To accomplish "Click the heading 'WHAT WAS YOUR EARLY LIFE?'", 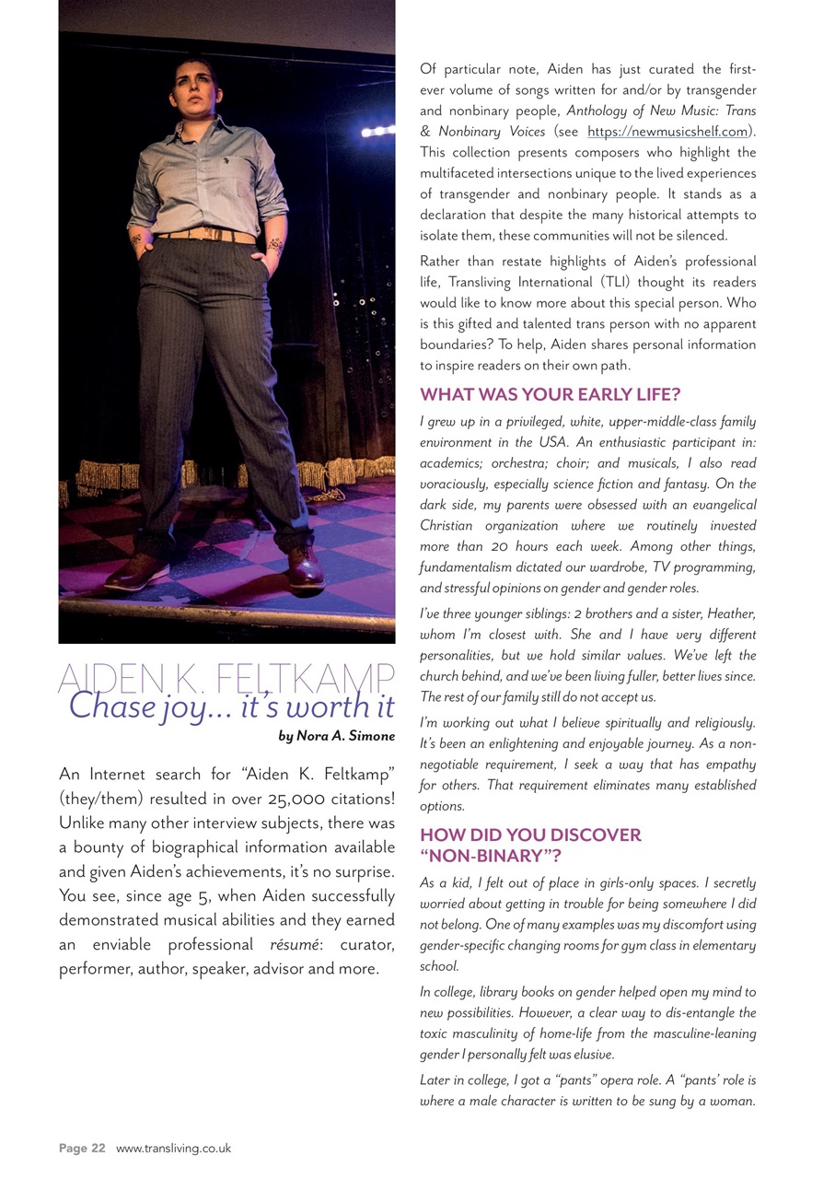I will [x=550, y=395].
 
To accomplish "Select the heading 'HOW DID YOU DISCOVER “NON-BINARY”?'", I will [x=530, y=846].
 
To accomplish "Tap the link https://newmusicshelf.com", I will [x=667, y=132].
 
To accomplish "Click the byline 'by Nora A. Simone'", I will [x=336, y=736].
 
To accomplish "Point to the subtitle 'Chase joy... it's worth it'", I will [x=231, y=706].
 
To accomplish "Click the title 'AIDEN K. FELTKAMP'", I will [x=226, y=679].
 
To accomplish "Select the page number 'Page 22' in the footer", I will [x=82, y=1149].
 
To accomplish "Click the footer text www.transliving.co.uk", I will [x=173, y=1149].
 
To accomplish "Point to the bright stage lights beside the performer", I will [x=378, y=132].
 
